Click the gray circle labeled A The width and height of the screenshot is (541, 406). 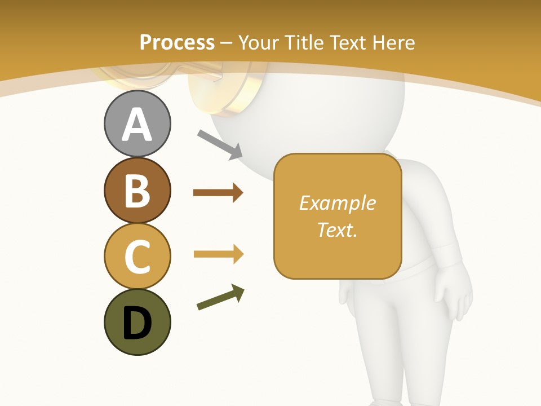click(137, 124)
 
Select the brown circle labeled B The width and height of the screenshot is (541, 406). click(137, 190)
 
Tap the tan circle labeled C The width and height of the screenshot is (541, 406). click(137, 255)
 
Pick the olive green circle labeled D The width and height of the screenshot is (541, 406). click(137, 322)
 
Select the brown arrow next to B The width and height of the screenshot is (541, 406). click(218, 193)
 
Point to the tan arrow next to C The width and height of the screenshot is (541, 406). click(218, 254)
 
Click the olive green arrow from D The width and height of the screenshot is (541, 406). click(220, 298)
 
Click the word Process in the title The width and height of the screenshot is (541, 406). click(177, 42)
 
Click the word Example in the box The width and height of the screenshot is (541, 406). click(337, 203)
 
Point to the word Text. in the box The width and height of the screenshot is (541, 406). click(337, 230)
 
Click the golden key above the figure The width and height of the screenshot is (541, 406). click(225, 90)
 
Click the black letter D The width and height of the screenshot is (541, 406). click(137, 323)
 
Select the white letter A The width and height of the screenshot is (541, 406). click(137, 125)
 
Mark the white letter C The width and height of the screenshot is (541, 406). click(137, 257)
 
